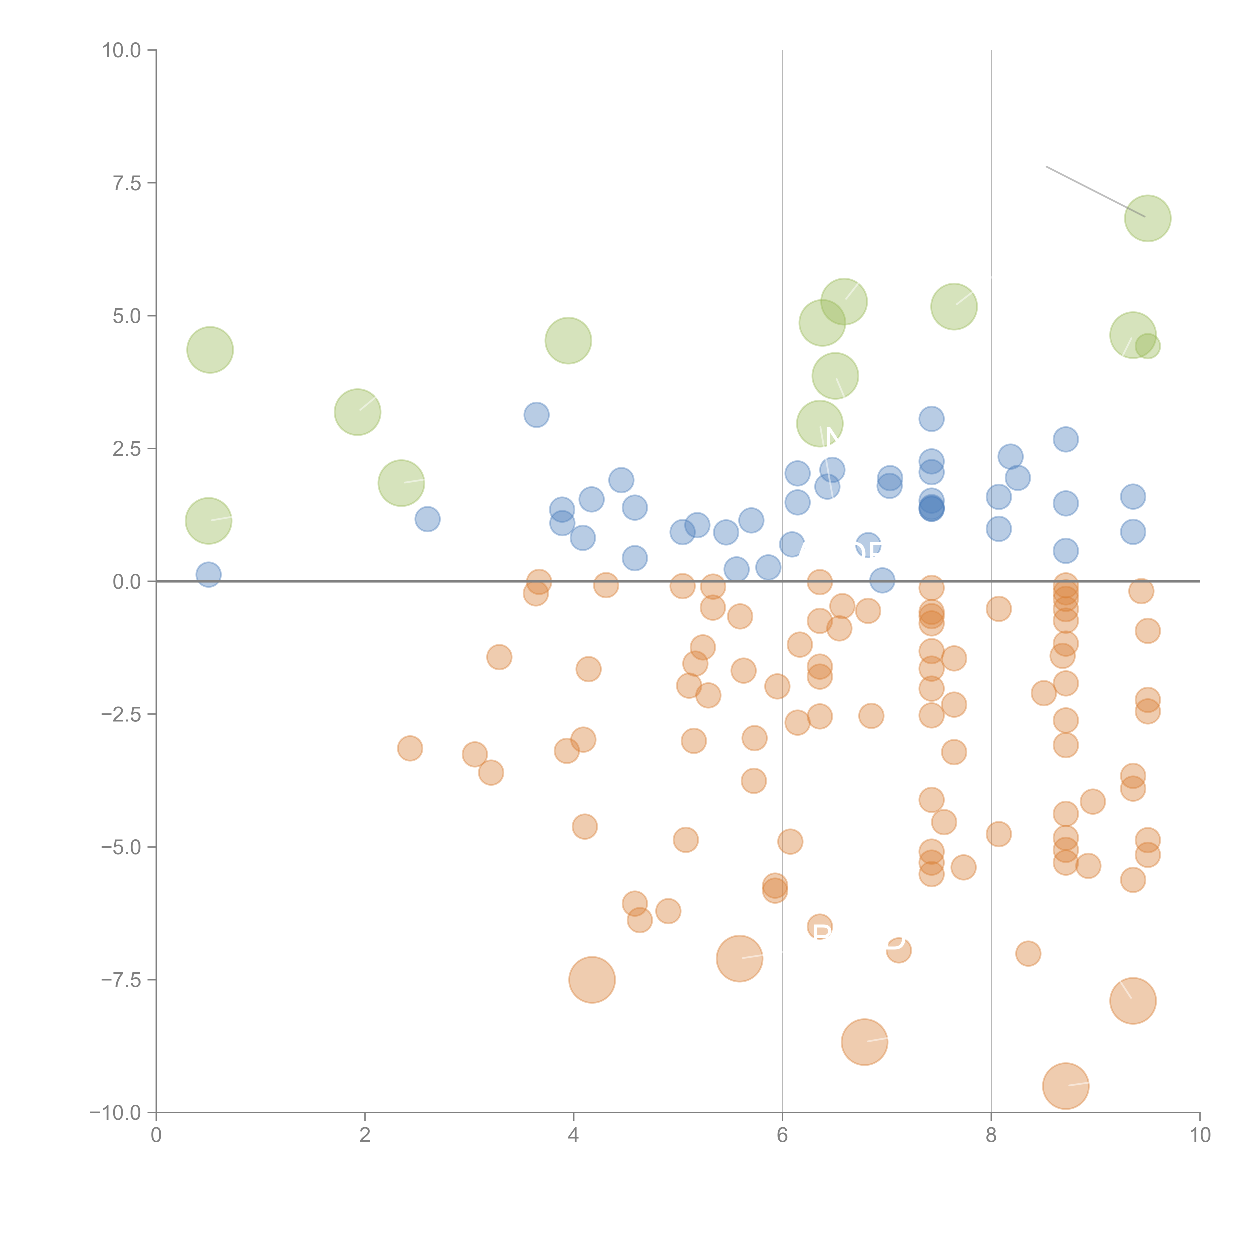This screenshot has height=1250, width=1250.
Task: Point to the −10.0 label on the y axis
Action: click(x=115, y=1113)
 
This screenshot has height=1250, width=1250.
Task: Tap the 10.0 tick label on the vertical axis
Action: click(x=122, y=50)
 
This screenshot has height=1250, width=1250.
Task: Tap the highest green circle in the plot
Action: click(x=1147, y=218)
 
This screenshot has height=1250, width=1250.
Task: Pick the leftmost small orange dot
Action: click(x=409, y=748)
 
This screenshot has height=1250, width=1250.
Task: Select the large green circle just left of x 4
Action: click(x=568, y=340)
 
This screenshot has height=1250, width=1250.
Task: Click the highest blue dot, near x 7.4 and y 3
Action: click(x=931, y=418)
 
